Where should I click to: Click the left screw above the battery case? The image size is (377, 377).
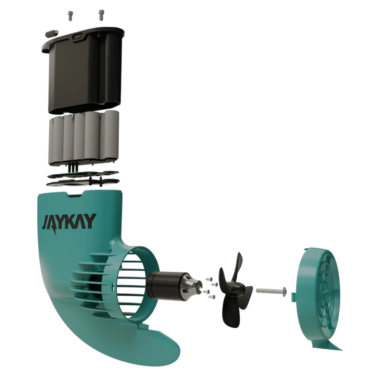click(70, 16)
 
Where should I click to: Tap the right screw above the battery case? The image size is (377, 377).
click(101, 15)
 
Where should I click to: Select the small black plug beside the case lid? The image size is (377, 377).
click(52, 34)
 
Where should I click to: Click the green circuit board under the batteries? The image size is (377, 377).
click(83, 175)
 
